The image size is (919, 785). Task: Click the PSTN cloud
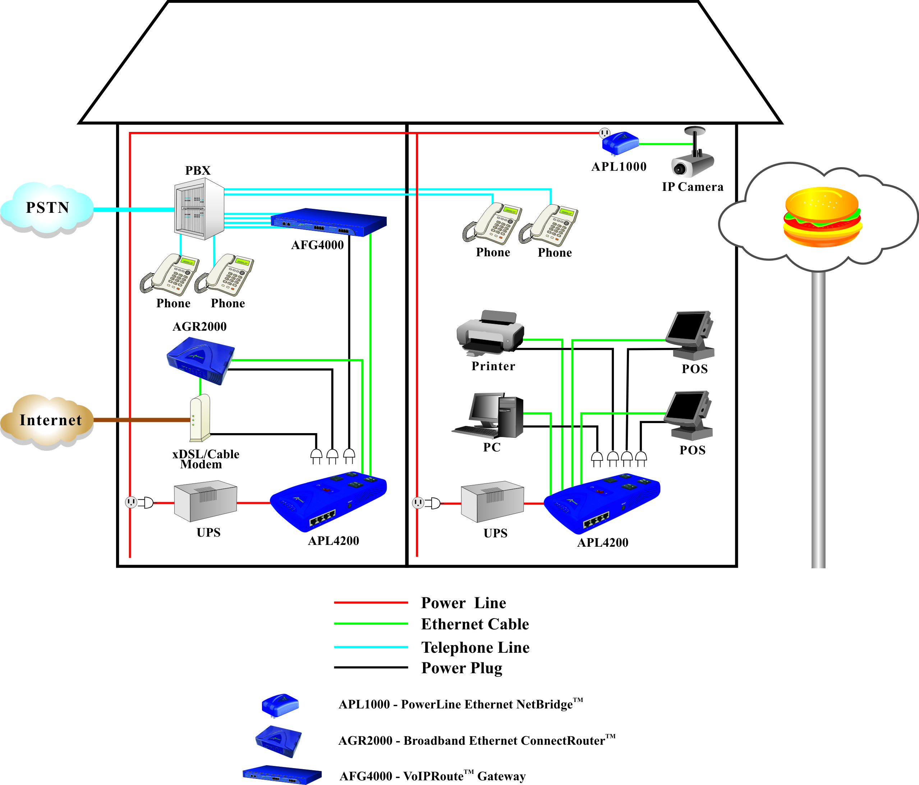pos(47,208)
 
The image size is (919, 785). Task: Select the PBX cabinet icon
pos(198,209)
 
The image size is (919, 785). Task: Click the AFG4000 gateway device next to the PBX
pos(328,222)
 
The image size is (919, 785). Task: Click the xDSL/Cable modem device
pos(199,418)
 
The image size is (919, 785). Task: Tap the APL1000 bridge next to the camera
pos(620,142)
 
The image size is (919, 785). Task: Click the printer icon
pos(490,332)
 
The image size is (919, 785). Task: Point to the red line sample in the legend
pos(371,602)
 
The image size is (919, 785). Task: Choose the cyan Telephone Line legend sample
pos(371,647)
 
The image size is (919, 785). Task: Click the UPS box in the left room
pos(205,501)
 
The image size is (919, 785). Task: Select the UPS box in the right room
pos(492,502)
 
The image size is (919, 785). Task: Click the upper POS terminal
pos(690,335)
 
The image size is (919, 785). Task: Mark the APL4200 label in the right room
pos(603,542)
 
